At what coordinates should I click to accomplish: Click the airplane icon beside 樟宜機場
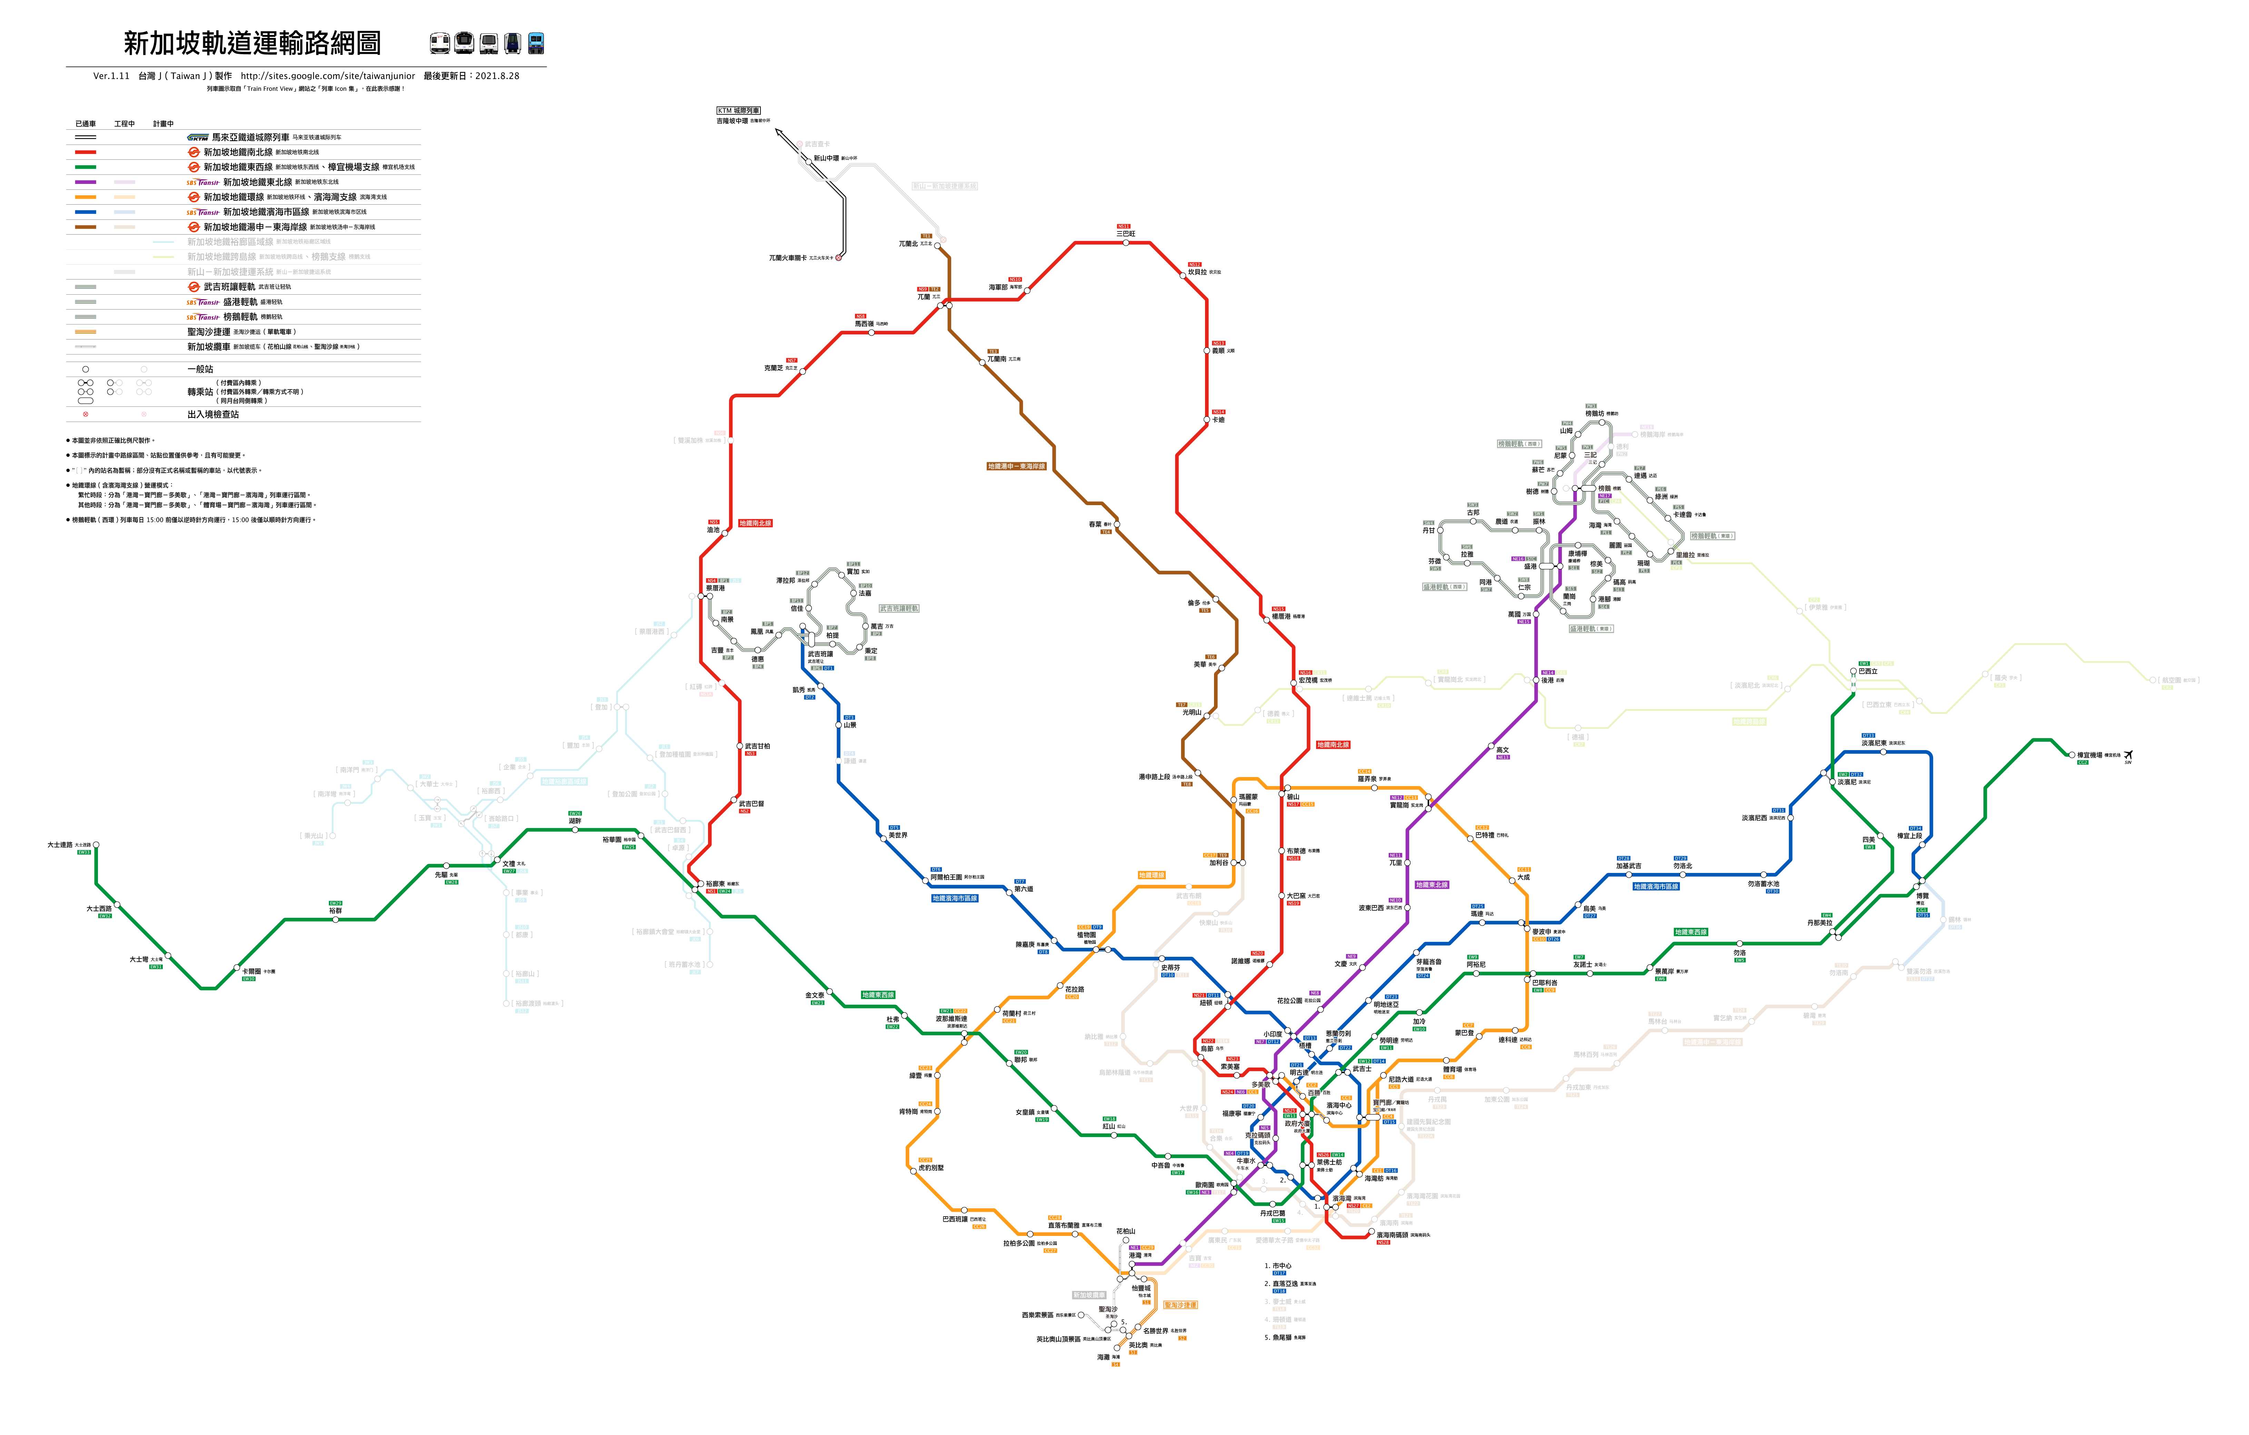click(x=2129, y=755)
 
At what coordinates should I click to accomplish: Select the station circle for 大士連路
click(x=96, y=845)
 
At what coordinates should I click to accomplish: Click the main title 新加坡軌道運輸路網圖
click(x=252, y=43)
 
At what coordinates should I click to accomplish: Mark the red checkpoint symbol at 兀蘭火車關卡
click(x=839, y=257)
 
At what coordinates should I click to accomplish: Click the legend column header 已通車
click(x=86, y=123)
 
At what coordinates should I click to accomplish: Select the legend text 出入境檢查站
click(x=213, y=414)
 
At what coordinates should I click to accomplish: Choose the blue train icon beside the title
click(x=536, y=43)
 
